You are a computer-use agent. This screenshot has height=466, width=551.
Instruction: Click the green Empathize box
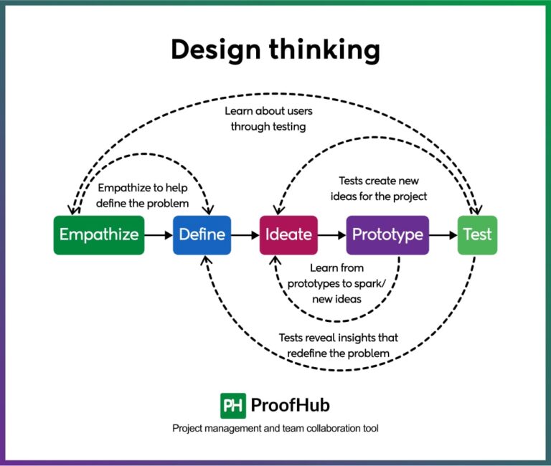click(99, 234)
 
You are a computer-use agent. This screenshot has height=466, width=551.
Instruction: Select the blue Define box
click(202, 234)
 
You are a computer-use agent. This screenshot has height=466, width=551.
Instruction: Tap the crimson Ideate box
click(288, 234)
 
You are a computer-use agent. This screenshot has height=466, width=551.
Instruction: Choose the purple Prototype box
click(387, 234)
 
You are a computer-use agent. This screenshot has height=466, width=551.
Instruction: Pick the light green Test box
click(477, 234)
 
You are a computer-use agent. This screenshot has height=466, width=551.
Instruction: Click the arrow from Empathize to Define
click(158, 234)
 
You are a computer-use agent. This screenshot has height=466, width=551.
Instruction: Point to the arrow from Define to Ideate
click(245, 234)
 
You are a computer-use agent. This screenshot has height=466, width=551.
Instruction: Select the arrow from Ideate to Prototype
click(331, 234)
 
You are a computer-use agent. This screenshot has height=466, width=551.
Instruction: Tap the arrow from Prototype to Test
click(443, 234)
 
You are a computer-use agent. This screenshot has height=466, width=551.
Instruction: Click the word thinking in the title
click(326, 50)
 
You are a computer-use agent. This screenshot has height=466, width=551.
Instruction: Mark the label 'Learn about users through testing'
click(268, 119)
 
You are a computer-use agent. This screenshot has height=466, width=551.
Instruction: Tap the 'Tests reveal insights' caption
click(338, 345)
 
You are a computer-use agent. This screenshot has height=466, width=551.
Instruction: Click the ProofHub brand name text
click(290, 405)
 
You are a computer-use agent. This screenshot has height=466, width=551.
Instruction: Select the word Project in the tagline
click(188, 428)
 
